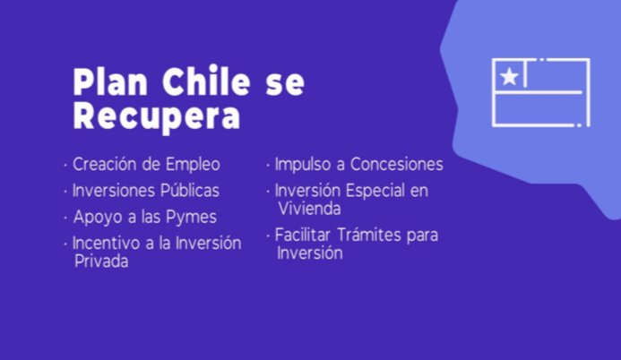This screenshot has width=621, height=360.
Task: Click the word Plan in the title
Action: point(110,81)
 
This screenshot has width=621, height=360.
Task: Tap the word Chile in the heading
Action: point(206,81)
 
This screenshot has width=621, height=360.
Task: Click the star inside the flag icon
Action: point(509,76)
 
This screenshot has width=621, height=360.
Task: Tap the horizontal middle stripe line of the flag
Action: point(539,92)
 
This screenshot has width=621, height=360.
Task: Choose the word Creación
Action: point(105,164)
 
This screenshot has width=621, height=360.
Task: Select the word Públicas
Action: point(190,190)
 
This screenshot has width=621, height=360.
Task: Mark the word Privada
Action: point(101,261)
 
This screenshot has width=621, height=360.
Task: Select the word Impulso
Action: point(303,165)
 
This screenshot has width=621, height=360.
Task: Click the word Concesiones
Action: point(397,164)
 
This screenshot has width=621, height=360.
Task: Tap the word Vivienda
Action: point(309,209)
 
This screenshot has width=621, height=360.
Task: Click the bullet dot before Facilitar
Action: point(268,236)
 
